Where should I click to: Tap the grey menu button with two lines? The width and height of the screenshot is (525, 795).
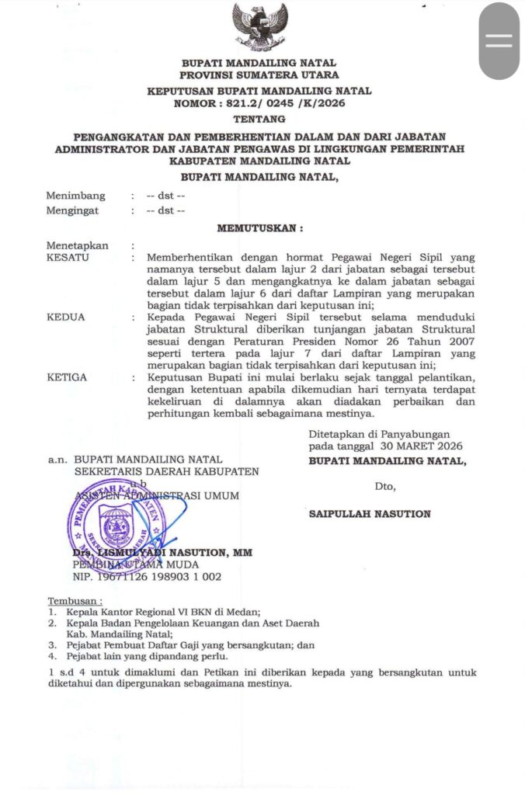(x=498, y=40)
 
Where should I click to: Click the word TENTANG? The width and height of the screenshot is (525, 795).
(x=259, y=119)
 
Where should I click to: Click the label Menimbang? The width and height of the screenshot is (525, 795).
(x=75, y=196)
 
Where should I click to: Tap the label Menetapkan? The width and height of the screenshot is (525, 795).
(x=77, y=245)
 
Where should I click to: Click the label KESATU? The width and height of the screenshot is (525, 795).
(x=68, y=256)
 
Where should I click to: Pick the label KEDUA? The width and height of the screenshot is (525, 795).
(x=65, y=317)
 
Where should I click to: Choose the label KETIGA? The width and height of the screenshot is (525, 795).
(x=67, y=377)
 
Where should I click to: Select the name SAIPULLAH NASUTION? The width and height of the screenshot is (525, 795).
(x=369, y=514)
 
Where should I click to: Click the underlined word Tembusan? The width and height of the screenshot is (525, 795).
(x=75, y=601)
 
